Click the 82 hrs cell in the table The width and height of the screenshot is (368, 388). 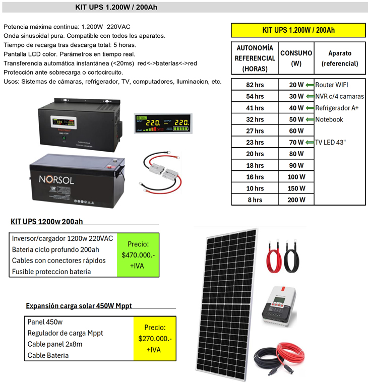255,85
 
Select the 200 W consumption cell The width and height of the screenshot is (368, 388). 296,200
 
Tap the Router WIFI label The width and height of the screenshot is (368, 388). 331,85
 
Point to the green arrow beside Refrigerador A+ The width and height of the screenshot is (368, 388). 310,108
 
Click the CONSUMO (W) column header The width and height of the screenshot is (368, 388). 296,58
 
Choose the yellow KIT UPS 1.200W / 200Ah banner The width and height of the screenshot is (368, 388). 298,30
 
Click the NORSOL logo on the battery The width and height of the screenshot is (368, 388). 57,178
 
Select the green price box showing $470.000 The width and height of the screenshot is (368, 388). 138,254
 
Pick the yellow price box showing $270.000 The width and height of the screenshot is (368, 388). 155,338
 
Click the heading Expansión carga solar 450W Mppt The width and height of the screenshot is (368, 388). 79,305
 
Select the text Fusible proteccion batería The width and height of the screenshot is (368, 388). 51,272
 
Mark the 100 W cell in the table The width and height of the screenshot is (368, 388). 296,177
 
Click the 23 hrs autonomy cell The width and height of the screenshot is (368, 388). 255,142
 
